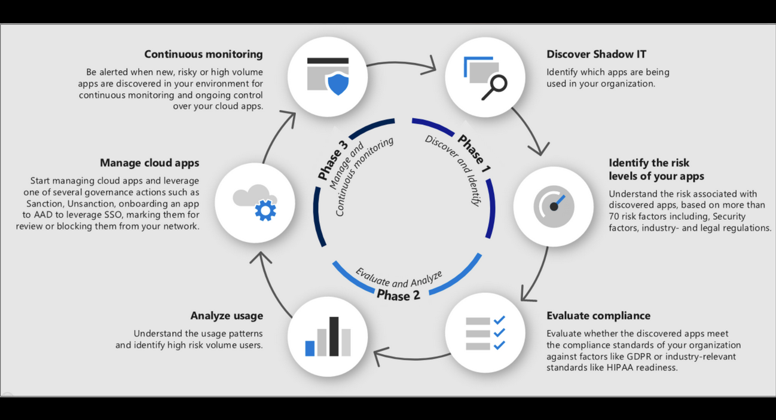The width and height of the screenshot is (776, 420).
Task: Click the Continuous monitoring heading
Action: point(203,54)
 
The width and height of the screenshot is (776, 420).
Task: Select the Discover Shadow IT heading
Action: point(597,54)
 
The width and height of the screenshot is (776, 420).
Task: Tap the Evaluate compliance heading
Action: point(598,315)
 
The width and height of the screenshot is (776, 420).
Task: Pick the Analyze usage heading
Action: point(227,315)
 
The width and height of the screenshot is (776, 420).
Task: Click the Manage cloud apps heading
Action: point(149,163)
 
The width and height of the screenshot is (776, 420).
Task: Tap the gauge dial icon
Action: point(554,206)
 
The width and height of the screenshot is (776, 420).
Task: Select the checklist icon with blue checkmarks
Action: point(485,333)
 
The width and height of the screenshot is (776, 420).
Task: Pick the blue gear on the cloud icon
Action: point(265,210)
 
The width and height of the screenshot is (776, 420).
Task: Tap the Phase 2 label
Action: point(398,295)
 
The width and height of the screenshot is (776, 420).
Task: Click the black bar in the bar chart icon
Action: point(334,336)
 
